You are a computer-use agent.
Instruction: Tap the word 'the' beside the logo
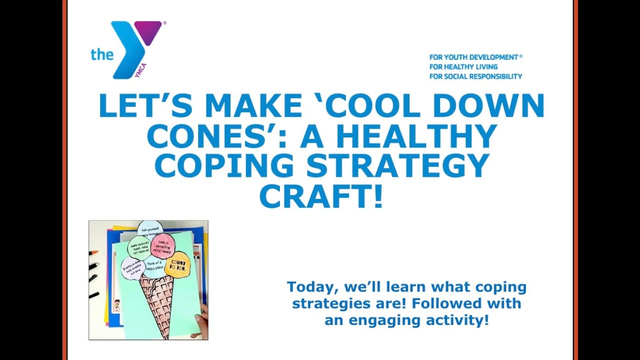click(101, 54)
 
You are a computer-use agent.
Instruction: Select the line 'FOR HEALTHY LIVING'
click(463, 67)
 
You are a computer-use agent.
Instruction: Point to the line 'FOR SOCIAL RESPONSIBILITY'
click(475, 76)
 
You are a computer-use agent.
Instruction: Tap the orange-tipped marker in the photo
click(93, 253)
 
